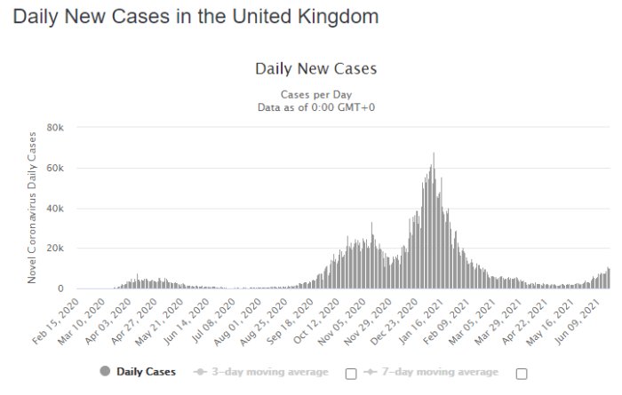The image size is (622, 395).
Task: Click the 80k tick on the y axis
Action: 55,128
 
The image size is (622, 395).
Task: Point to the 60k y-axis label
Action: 55,168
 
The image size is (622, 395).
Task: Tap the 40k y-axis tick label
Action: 55,209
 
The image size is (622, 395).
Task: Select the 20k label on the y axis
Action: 55,249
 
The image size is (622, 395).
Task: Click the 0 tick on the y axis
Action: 60,288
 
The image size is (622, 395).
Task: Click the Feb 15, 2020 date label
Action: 56,321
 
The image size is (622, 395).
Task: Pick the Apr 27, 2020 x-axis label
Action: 134,321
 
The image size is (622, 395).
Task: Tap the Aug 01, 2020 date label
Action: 238,322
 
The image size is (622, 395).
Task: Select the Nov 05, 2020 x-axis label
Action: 342,322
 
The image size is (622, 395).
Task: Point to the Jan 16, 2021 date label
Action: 421,321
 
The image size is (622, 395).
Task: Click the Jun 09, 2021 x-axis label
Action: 578,321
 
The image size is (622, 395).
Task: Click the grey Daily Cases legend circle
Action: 105,371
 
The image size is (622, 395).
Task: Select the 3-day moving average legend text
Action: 270,372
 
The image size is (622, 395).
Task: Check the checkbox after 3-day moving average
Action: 351,374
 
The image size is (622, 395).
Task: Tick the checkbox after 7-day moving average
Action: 522,374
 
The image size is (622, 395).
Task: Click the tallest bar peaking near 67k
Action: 434,220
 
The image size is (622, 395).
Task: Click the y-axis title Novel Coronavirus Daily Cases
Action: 32,208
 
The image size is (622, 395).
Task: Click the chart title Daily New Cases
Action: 316,68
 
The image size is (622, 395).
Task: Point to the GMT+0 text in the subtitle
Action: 356,107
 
